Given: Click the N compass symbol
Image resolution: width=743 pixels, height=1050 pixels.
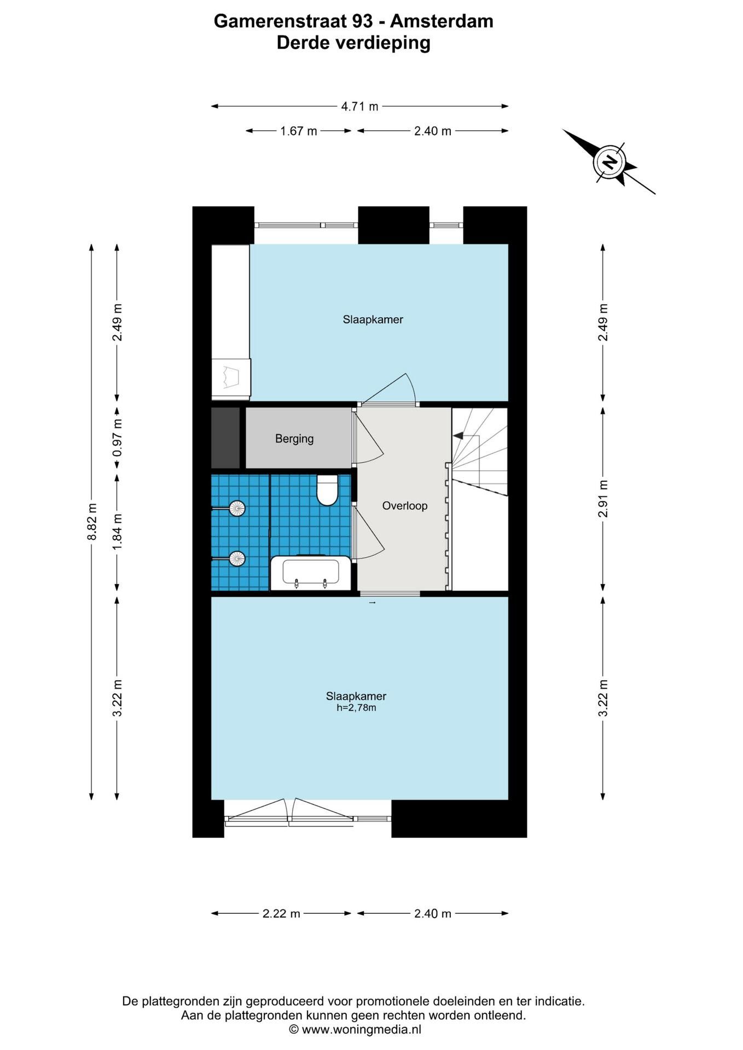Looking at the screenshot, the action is (609, 162).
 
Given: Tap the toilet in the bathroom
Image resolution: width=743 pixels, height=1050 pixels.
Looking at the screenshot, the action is (328, 489).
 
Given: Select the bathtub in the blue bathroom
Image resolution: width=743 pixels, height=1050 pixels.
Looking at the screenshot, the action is (311, 573).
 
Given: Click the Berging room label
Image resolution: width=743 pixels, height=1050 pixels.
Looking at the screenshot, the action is (294, 439).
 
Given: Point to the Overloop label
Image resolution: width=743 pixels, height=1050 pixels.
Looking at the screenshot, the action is (405, 506).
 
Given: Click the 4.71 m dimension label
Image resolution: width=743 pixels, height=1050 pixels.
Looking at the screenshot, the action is (359, 107).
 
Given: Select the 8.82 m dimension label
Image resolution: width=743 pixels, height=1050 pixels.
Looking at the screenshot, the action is (92, 522).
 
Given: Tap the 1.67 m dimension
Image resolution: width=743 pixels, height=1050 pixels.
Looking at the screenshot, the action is (299, 131).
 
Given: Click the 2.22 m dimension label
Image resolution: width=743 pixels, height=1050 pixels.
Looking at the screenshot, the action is (281, 914).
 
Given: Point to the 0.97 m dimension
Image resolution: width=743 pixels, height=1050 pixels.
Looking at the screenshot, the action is (117, 437).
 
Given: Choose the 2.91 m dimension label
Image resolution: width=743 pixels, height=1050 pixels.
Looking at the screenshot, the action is (603, 499).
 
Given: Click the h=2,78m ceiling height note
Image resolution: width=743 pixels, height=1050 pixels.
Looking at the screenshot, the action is (356, 708).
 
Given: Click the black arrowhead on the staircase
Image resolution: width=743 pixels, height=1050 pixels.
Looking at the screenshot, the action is (458, 436).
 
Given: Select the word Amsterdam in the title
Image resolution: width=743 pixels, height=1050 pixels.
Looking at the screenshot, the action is (442, 21).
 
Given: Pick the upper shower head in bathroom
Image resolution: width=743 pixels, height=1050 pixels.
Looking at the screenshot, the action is (237, 509).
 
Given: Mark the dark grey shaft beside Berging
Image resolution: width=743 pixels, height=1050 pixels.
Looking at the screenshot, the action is (225, 438).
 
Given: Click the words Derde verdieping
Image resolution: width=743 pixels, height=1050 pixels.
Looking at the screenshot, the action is (353, 43).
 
